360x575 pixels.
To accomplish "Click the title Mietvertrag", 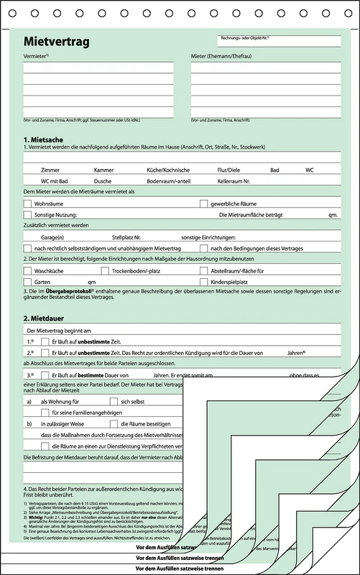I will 57,42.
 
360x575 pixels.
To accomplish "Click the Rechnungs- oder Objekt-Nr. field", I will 280,43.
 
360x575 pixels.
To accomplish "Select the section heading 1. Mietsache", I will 46,139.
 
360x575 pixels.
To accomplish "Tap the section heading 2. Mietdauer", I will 47,316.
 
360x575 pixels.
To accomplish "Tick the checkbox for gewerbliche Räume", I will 203,204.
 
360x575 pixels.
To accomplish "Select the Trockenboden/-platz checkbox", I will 105,271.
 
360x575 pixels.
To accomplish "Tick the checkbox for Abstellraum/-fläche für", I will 204,271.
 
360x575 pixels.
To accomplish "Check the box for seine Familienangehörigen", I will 46,413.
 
